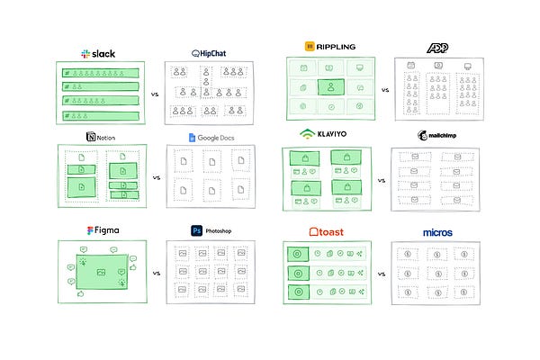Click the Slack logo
point(98,53)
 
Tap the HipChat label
point(210,53)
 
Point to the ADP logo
point(439,46)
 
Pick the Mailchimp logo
point(438,135)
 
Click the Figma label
point(103,230)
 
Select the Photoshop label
point(212,231)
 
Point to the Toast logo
point(328,231)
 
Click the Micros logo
point(437,232)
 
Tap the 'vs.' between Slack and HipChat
point(155,92)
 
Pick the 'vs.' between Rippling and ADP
point(384,91)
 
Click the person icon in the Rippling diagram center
point(331,88)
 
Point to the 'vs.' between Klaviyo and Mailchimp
point(382,181)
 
